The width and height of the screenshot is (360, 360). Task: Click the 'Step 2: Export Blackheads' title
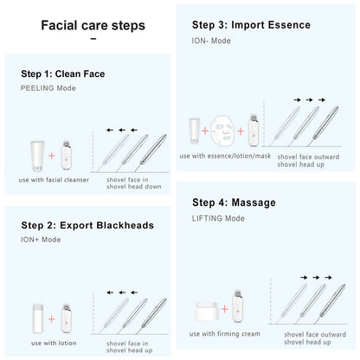87,225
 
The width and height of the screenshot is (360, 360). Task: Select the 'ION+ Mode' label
40,240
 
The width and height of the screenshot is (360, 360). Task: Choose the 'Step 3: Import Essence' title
251,25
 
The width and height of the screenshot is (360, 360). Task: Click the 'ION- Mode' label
211,40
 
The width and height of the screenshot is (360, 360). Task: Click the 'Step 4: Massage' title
234,202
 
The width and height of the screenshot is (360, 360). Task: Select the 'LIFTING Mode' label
217,217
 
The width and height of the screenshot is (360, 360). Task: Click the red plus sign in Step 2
52,319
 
